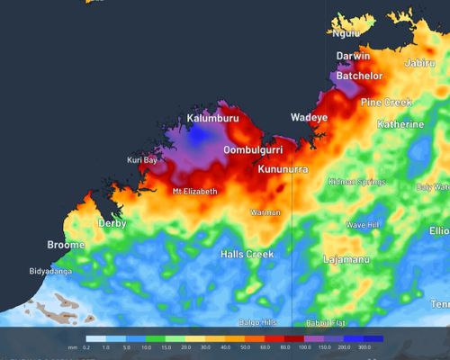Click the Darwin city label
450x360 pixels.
pos(353,56)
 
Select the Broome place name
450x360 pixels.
pos(66,245)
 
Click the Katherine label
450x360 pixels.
pos(400,123)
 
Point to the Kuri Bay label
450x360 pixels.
pos(142,160)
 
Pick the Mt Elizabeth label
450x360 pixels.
pos(194,192)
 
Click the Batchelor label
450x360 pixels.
pos(360,76)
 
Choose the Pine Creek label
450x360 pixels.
pos(387,103)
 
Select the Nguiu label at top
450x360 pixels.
pos(346,33)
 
